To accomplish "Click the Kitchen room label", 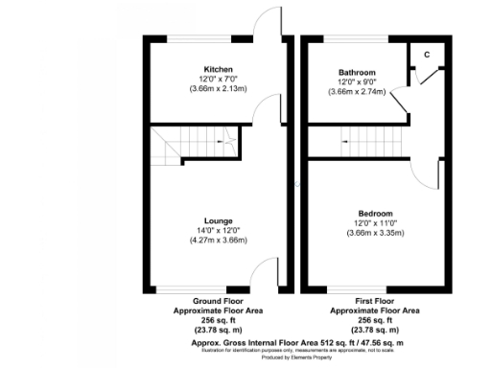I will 218,69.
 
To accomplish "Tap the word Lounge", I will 218,221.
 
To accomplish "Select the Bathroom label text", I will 356,72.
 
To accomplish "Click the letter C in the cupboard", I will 426,55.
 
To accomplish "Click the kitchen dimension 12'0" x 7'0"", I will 218,78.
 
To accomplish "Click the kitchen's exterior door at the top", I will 268,29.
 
